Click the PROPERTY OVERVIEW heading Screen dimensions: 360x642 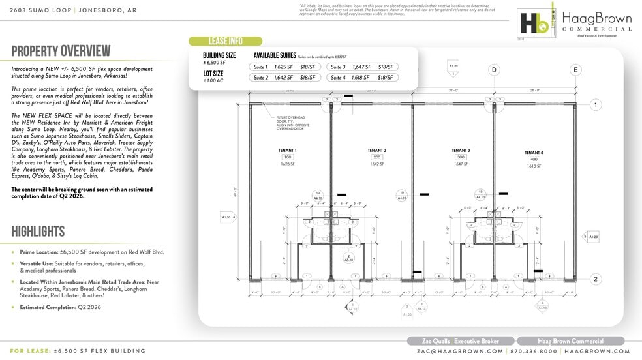pyautogui.click(x=61, y=52)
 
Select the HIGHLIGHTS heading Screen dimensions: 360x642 pyautogui.click(x=38, y=232)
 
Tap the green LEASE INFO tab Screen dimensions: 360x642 pyautogui.click(x=225, y=41)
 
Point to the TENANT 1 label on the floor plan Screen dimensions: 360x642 pyautogui.click(x=287, y=150)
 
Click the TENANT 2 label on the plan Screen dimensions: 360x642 pyautogui.click(x=376, y=150)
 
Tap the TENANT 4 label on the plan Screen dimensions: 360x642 pyautogui.click(x=534, y=153)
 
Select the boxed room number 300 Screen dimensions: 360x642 pyautogui.click(x=460, y=157)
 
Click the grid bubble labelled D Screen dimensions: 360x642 pyautogui.click(x=494, y=70)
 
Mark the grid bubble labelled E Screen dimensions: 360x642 pyautogui.click(x=575, y=70)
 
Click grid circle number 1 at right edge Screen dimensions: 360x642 pyautogui.click(x=595, y=105)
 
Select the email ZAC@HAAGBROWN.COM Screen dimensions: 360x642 pyautogui.click(x=460, y=351)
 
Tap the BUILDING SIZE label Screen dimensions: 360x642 pyautogui.click(x=219, y=56)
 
